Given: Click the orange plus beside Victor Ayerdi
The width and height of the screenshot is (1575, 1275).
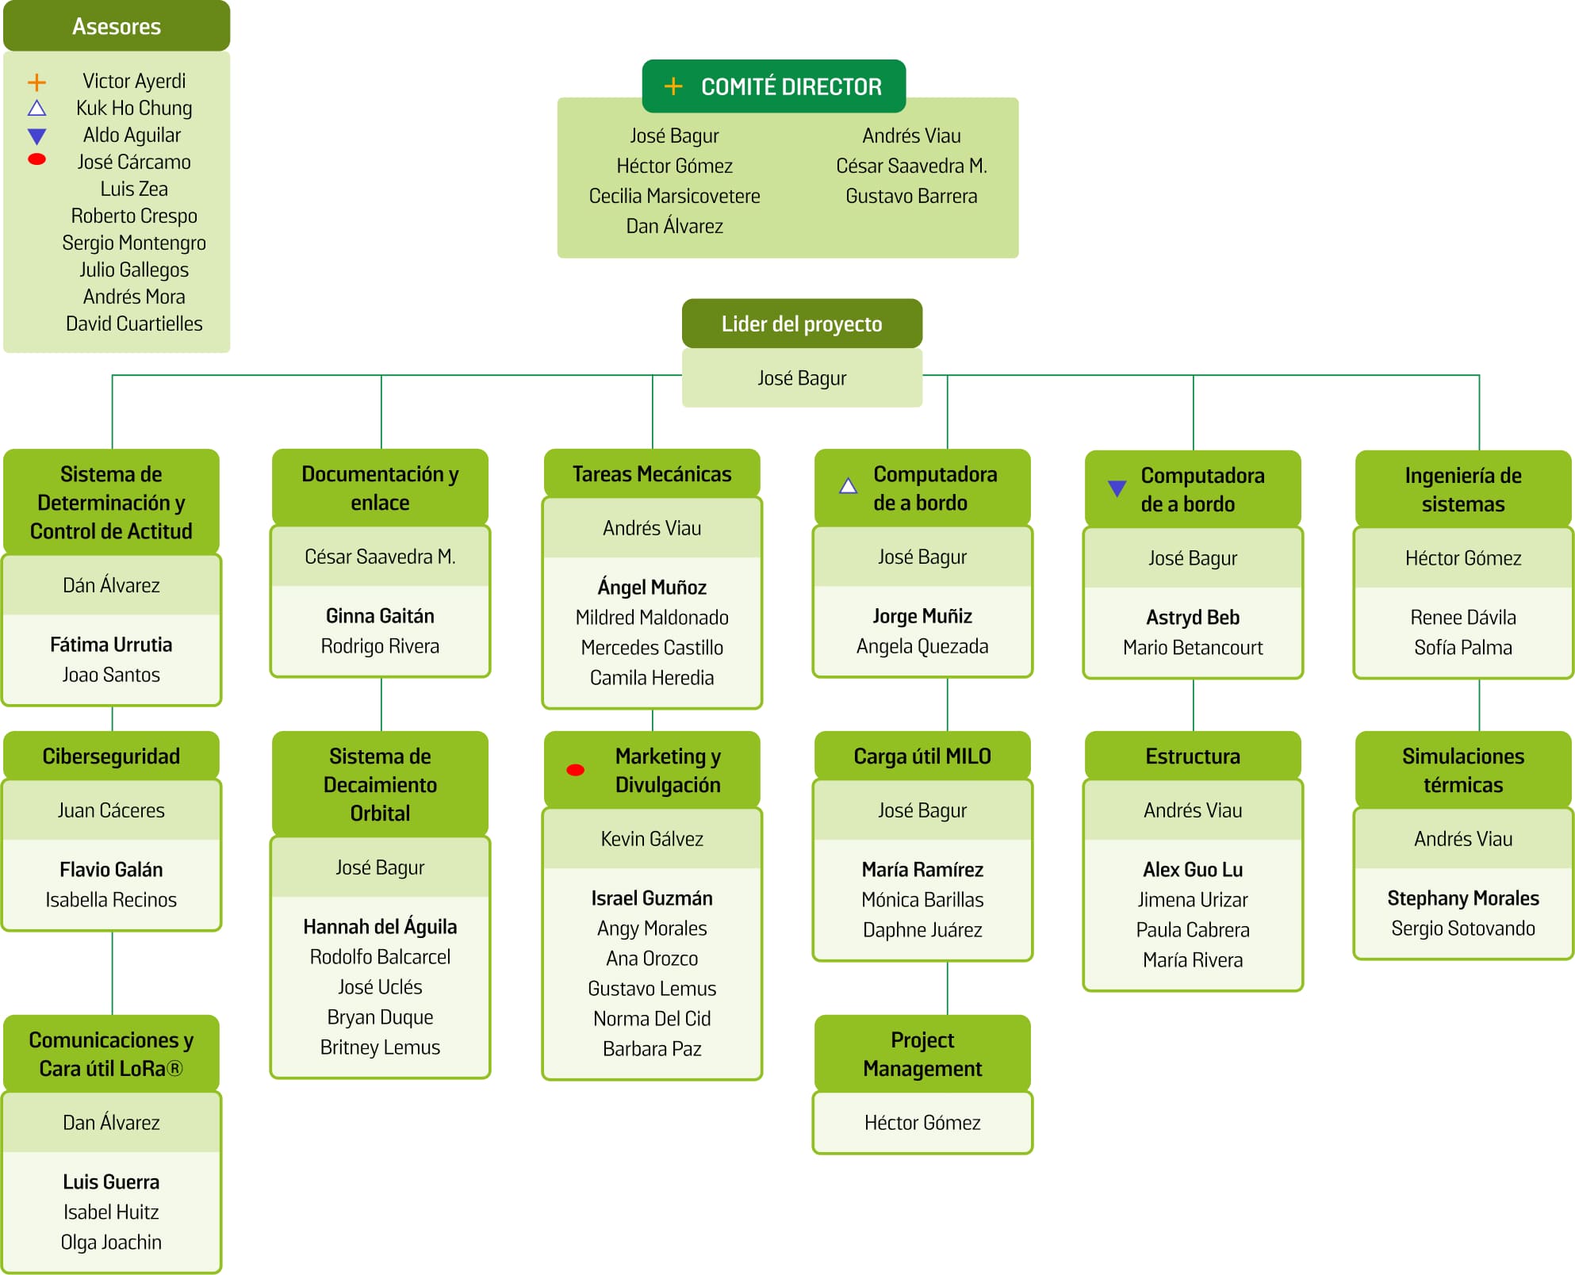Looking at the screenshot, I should tap(36, 82).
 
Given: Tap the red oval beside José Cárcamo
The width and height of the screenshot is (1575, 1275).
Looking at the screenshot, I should tap(36, 159).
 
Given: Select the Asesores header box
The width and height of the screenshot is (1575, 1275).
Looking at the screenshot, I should tap(117, 26).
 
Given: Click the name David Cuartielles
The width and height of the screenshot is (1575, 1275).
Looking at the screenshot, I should tap(134, 324).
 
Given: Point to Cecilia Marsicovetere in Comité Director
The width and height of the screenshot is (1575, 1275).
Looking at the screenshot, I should tap(674, 196).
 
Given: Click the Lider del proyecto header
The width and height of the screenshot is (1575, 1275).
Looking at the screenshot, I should tap(801, 324).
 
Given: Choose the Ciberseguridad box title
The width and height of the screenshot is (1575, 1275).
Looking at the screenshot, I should tap(111, 756).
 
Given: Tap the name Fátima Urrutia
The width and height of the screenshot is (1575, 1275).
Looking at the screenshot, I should tap(111, 645).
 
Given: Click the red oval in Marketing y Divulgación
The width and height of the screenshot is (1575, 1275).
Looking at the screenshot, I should tap(576, 770).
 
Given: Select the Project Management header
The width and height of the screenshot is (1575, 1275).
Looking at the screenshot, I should tap(922, 1054).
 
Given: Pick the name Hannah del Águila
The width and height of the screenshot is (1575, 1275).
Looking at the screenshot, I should tap(380, 926).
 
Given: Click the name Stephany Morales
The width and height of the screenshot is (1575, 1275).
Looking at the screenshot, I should tap(1462, 898).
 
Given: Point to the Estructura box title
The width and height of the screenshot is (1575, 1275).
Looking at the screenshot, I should tap(1192, 756).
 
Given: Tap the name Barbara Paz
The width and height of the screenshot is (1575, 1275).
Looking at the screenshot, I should tap(652, 1048).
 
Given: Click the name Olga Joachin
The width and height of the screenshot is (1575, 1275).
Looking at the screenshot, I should tap(111, 1242).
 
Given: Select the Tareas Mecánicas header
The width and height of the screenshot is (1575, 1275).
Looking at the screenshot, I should tap(652, 473).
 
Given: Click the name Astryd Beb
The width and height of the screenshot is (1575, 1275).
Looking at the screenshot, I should tap(1192, 617).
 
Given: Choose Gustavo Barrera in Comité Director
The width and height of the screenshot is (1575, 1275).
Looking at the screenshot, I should tap(911, 196).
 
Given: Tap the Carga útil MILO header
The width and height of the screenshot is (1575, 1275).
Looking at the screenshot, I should tap(922, 756).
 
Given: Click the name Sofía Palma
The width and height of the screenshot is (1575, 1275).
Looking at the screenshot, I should tap(1462, 647).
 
